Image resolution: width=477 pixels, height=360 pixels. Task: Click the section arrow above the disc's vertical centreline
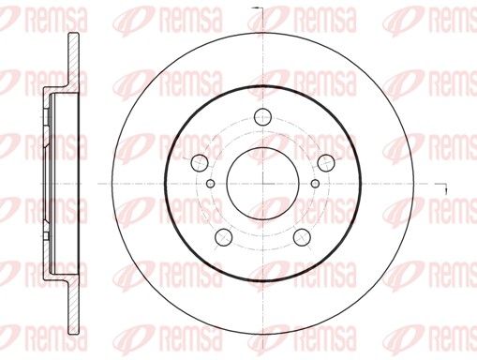point(257,7)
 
